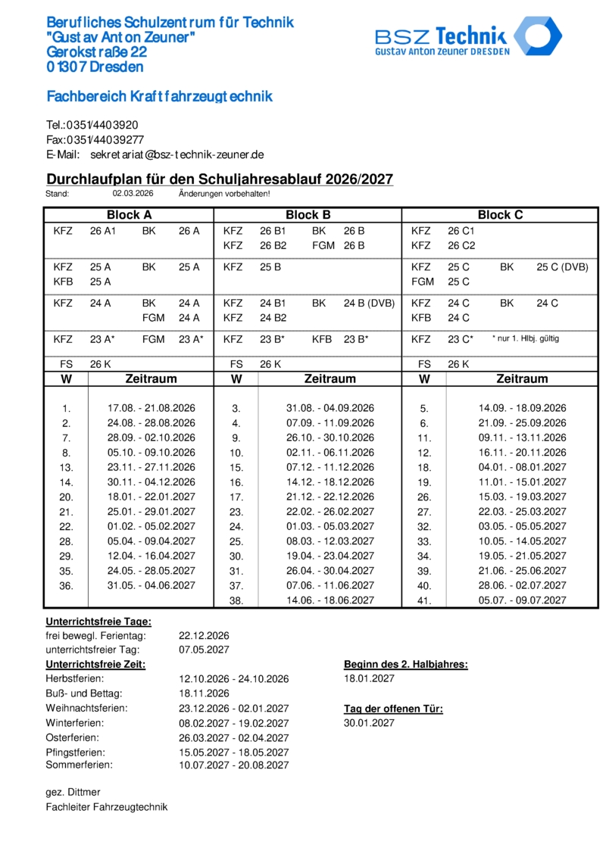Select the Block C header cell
point(501,215)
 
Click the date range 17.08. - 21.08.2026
point(151,408)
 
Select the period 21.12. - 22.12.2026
point(330,497)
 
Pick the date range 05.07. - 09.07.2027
point(522,600)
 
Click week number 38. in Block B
point(236,601)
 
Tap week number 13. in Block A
point(66,467)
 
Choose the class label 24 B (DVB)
point(369,304)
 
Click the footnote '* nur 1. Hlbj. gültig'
point(526,338)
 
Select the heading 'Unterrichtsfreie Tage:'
point(98,622)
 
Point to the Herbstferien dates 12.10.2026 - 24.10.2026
point(233,679)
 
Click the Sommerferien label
point(79,765)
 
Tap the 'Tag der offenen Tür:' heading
point(393,709)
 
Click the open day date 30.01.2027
point(369,723)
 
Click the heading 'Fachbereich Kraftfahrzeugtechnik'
point(159,97)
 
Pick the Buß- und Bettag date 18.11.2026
point(204,693)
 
